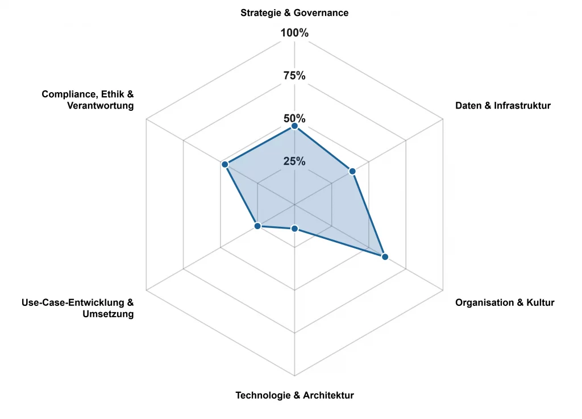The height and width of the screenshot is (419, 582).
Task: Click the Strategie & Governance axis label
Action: click(294, 13)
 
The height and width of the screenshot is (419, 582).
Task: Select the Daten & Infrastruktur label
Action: click(503, 105)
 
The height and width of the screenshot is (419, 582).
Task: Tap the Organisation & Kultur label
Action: click(505, 302)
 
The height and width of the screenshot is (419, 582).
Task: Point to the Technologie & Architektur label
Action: click(294, 395)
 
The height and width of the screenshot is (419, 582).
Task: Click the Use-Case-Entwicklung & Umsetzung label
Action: click(77, 308)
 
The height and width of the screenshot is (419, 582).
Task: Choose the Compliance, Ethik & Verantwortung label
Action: click(88, 100)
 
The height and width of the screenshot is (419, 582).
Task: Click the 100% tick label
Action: click(294, 33)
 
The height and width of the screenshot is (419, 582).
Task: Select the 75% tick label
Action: click(294, 76)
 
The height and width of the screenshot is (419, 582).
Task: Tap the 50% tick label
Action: click(294, 118)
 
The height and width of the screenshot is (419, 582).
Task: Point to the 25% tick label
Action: click(294, 161)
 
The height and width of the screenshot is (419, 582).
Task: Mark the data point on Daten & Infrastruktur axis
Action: click(352, 171)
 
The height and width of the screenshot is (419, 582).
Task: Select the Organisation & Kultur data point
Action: click(385, 257)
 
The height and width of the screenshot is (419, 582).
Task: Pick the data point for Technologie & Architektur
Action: click(294, 229)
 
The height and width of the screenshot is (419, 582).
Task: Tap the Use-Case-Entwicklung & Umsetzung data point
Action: click(257, 226)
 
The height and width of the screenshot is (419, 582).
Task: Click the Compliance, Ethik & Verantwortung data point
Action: click(225, 164)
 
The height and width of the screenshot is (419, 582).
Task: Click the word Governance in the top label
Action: click(322, 13)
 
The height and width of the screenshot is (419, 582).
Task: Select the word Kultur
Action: click(539, 302)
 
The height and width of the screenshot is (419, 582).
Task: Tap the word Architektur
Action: click(329, 395)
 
